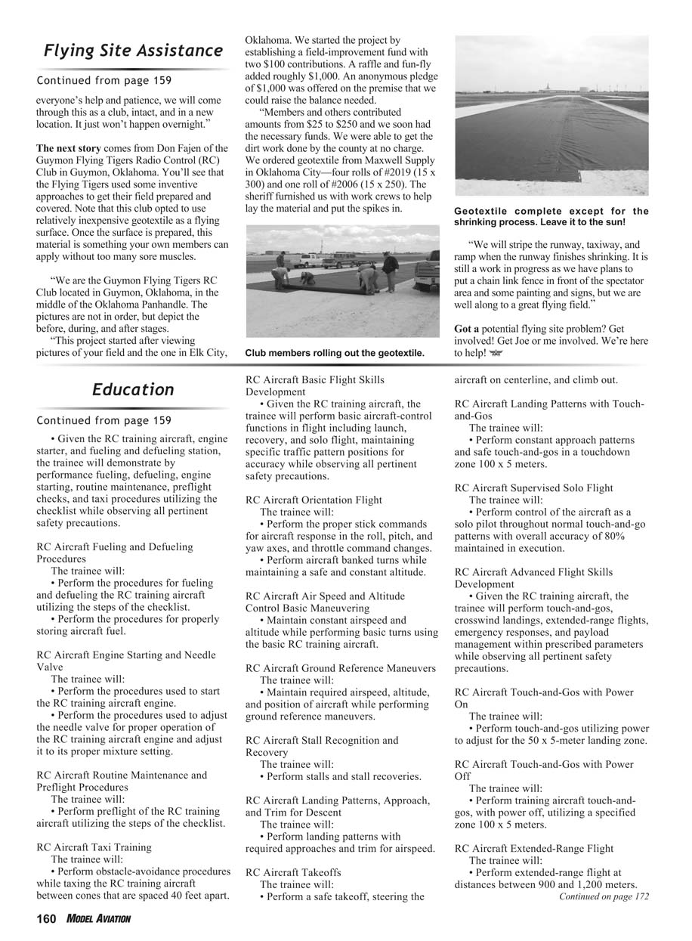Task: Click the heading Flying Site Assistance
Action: [133, 51]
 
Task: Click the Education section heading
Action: [133, 389]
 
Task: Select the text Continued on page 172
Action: [604, 896]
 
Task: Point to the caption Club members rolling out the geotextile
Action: [335, 352]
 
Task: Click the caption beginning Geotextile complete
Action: [551, 216]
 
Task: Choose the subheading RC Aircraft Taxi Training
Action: [94, 847]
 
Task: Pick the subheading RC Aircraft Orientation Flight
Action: [314, 500]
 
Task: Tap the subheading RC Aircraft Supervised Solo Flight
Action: [533, 488]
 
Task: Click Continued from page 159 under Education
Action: [103, 420]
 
